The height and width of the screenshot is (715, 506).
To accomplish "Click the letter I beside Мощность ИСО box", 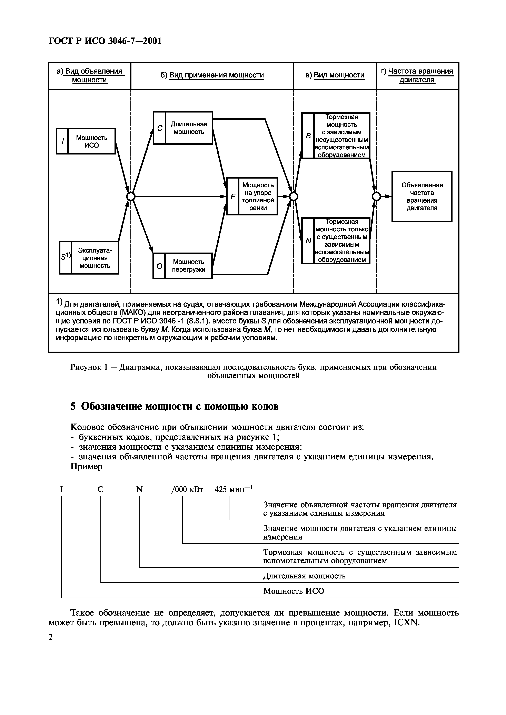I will click(x=62, y=141).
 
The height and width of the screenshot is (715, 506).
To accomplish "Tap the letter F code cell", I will click(x=232, y=196).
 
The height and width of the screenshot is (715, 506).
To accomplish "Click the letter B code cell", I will click(x=308, y=136).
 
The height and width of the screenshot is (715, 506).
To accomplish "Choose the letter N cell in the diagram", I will click(x=308, y=241).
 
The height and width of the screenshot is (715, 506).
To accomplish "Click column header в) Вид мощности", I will click(x=335, y=75).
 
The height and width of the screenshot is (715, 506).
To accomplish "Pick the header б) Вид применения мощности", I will click(x=212, y=75).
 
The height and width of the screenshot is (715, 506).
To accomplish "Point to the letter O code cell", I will click(x=159, y=266).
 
